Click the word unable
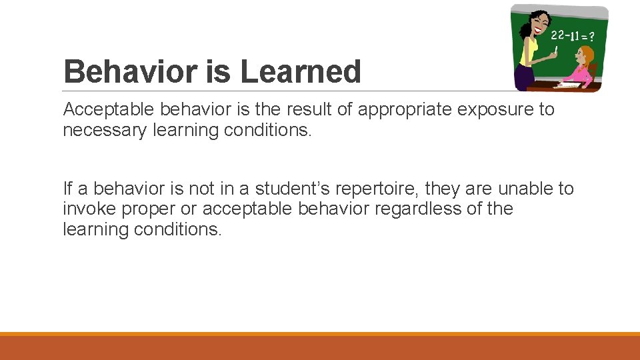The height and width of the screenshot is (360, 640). (x=522, y=189)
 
